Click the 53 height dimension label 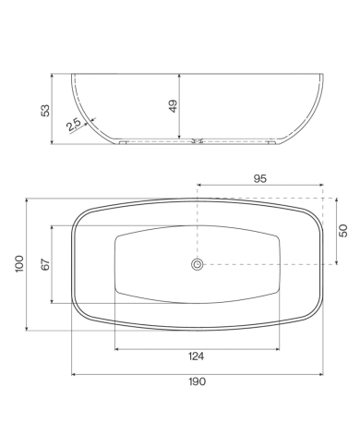point(45,111)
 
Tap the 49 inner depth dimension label point(174,106)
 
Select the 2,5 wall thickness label point(74,125)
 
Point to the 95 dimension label point(260,178)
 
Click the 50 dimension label point(343,231)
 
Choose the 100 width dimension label point(19,263)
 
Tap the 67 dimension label point(45,265)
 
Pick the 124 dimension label point(196,356)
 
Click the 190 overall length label point(197,381)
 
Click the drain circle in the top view point(197,264)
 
